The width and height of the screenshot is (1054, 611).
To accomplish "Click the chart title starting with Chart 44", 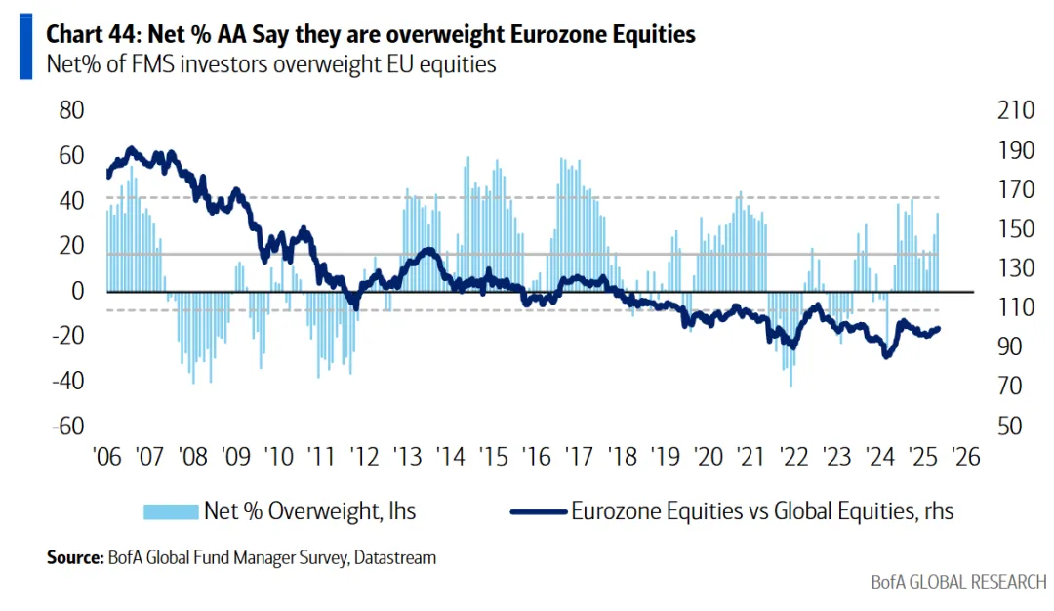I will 371,35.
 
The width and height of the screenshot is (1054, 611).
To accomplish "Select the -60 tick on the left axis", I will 67,426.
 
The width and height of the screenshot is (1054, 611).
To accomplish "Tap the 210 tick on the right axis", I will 1016,109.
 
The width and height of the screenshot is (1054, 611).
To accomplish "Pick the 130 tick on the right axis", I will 1016,267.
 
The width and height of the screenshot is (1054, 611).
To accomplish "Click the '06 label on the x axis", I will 106,457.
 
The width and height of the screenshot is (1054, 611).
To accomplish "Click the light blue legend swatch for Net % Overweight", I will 171,510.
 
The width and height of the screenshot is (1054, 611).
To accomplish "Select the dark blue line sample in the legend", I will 538,510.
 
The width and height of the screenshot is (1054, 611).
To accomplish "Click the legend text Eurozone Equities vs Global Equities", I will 762,510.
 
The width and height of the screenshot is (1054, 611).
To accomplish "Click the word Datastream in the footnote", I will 395,558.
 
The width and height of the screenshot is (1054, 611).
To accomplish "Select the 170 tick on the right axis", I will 1016,188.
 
